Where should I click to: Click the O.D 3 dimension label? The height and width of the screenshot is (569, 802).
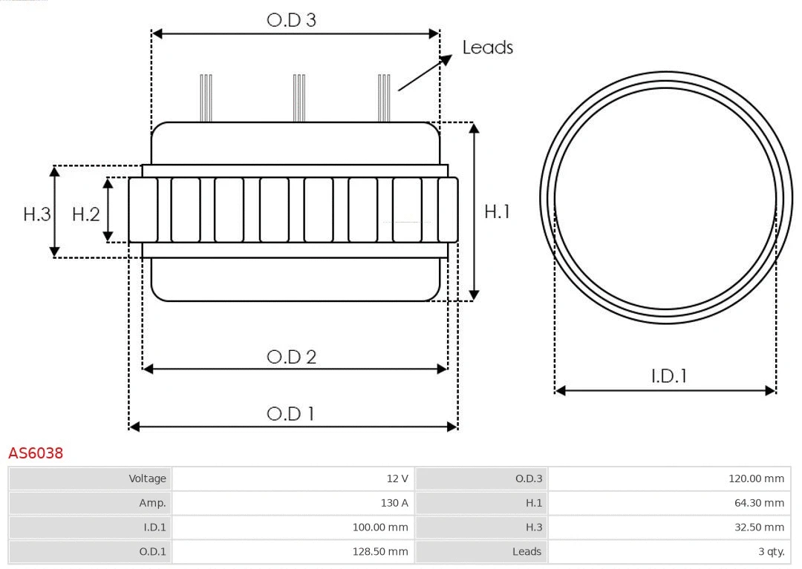291,20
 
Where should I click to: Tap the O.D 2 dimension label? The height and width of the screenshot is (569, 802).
291,357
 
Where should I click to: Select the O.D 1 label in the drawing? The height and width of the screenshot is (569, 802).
290,414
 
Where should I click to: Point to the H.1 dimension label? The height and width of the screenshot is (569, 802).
497,211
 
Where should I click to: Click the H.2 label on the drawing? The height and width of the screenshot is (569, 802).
85,214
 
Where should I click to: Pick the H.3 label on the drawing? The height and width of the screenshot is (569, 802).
37,214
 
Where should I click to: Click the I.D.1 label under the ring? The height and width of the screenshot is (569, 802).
668,376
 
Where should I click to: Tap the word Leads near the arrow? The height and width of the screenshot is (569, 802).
487,47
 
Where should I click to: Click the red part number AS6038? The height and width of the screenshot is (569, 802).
36,453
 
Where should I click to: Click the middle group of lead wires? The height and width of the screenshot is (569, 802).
299,98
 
